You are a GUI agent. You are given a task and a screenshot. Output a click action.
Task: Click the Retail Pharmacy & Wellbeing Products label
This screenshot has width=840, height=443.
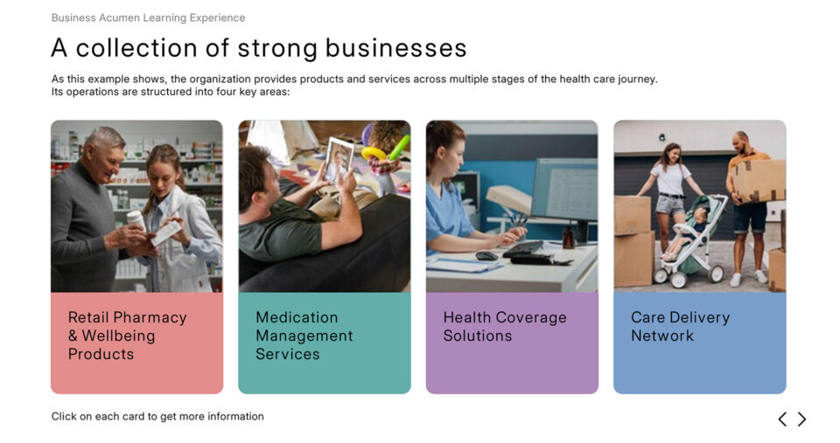tap(128, 336)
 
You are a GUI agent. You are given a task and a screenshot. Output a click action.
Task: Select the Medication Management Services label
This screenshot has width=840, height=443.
tap(304, 336)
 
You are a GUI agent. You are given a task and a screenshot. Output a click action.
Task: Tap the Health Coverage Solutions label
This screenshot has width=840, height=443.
tap(505, 327)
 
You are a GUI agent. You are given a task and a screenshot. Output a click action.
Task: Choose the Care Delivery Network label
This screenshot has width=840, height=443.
tap(681, 327)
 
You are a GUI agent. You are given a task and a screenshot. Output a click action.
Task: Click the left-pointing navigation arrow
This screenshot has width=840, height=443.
tap(782, 419)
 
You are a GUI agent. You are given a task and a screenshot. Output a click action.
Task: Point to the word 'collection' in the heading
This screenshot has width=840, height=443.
tap(136, 48)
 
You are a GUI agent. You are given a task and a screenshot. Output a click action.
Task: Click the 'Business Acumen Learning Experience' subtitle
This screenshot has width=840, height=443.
tap(149, 17)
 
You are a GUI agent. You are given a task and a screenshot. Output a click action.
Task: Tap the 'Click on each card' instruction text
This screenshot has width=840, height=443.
tap(157, 416)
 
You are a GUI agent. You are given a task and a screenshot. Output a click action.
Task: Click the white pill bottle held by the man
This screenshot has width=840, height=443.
tap(136, 220)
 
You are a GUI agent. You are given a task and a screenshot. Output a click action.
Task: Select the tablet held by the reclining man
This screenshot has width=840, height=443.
tap(339, 160)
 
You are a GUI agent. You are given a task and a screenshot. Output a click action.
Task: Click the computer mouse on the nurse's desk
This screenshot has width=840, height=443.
tap(486, 256)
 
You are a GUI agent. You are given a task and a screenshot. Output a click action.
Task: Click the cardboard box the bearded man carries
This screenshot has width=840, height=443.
tap(759, 180)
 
